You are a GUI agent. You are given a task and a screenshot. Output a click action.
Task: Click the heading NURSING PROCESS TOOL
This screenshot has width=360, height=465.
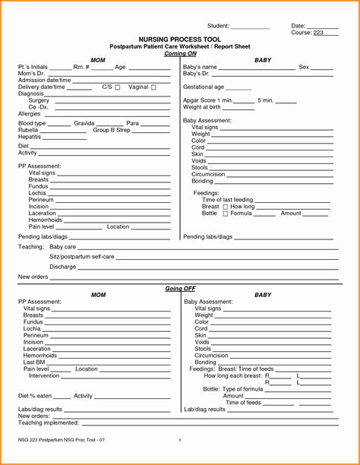[179, 38]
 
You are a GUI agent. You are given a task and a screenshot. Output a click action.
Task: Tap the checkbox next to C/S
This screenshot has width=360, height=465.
[118, 87]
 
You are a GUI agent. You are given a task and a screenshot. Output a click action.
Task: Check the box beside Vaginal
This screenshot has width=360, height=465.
[154, 87]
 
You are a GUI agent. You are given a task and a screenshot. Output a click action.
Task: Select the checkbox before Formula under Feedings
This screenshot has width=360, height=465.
[225, 214]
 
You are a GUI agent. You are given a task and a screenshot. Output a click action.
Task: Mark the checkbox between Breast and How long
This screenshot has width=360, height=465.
[225, 207]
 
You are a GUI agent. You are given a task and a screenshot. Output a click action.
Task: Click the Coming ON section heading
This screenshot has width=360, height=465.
[179, 53]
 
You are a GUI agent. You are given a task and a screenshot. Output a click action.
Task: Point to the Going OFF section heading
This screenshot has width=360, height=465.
[179, 289]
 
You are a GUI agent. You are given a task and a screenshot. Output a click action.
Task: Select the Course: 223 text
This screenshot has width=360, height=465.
[308, 33]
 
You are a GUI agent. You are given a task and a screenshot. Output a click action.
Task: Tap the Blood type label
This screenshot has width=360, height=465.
[32, 123]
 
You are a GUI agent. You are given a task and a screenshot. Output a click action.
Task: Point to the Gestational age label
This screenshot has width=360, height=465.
[204, 87]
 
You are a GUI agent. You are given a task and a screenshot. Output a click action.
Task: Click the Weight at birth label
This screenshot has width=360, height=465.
[203, 107]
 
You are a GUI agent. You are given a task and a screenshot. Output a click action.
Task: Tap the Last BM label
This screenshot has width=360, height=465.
[34, 362]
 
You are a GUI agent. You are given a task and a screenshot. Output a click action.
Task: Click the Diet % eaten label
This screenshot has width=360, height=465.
[33, 396]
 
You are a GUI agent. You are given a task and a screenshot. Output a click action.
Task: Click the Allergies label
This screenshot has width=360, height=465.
[30, 113]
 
